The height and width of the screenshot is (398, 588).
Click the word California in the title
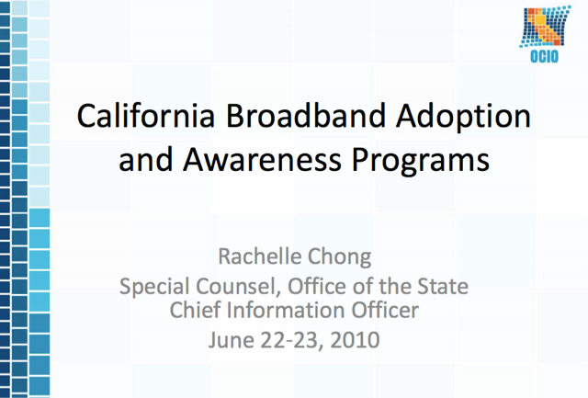[146, 116]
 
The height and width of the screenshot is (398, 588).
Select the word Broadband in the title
[306, 116]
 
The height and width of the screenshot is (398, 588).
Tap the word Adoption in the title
[463, 118]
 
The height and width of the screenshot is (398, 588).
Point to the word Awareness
[263, 159]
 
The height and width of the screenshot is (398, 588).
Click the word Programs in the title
[421, 161]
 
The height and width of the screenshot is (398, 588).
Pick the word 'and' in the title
[146, 159]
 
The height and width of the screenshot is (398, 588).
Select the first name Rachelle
[260, 256]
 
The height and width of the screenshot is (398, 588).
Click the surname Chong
[339, 258]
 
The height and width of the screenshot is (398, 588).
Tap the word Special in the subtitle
[155, 288]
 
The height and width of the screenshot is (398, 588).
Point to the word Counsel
[239, 287]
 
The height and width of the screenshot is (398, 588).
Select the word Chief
[195, 310]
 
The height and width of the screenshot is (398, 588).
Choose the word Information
[286, 310]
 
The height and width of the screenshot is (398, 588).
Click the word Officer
[385, 310]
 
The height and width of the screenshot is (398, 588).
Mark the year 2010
[355, 340]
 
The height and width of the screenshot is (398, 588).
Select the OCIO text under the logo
[544, 57]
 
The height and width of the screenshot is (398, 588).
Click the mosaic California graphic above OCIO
[545, 27]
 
